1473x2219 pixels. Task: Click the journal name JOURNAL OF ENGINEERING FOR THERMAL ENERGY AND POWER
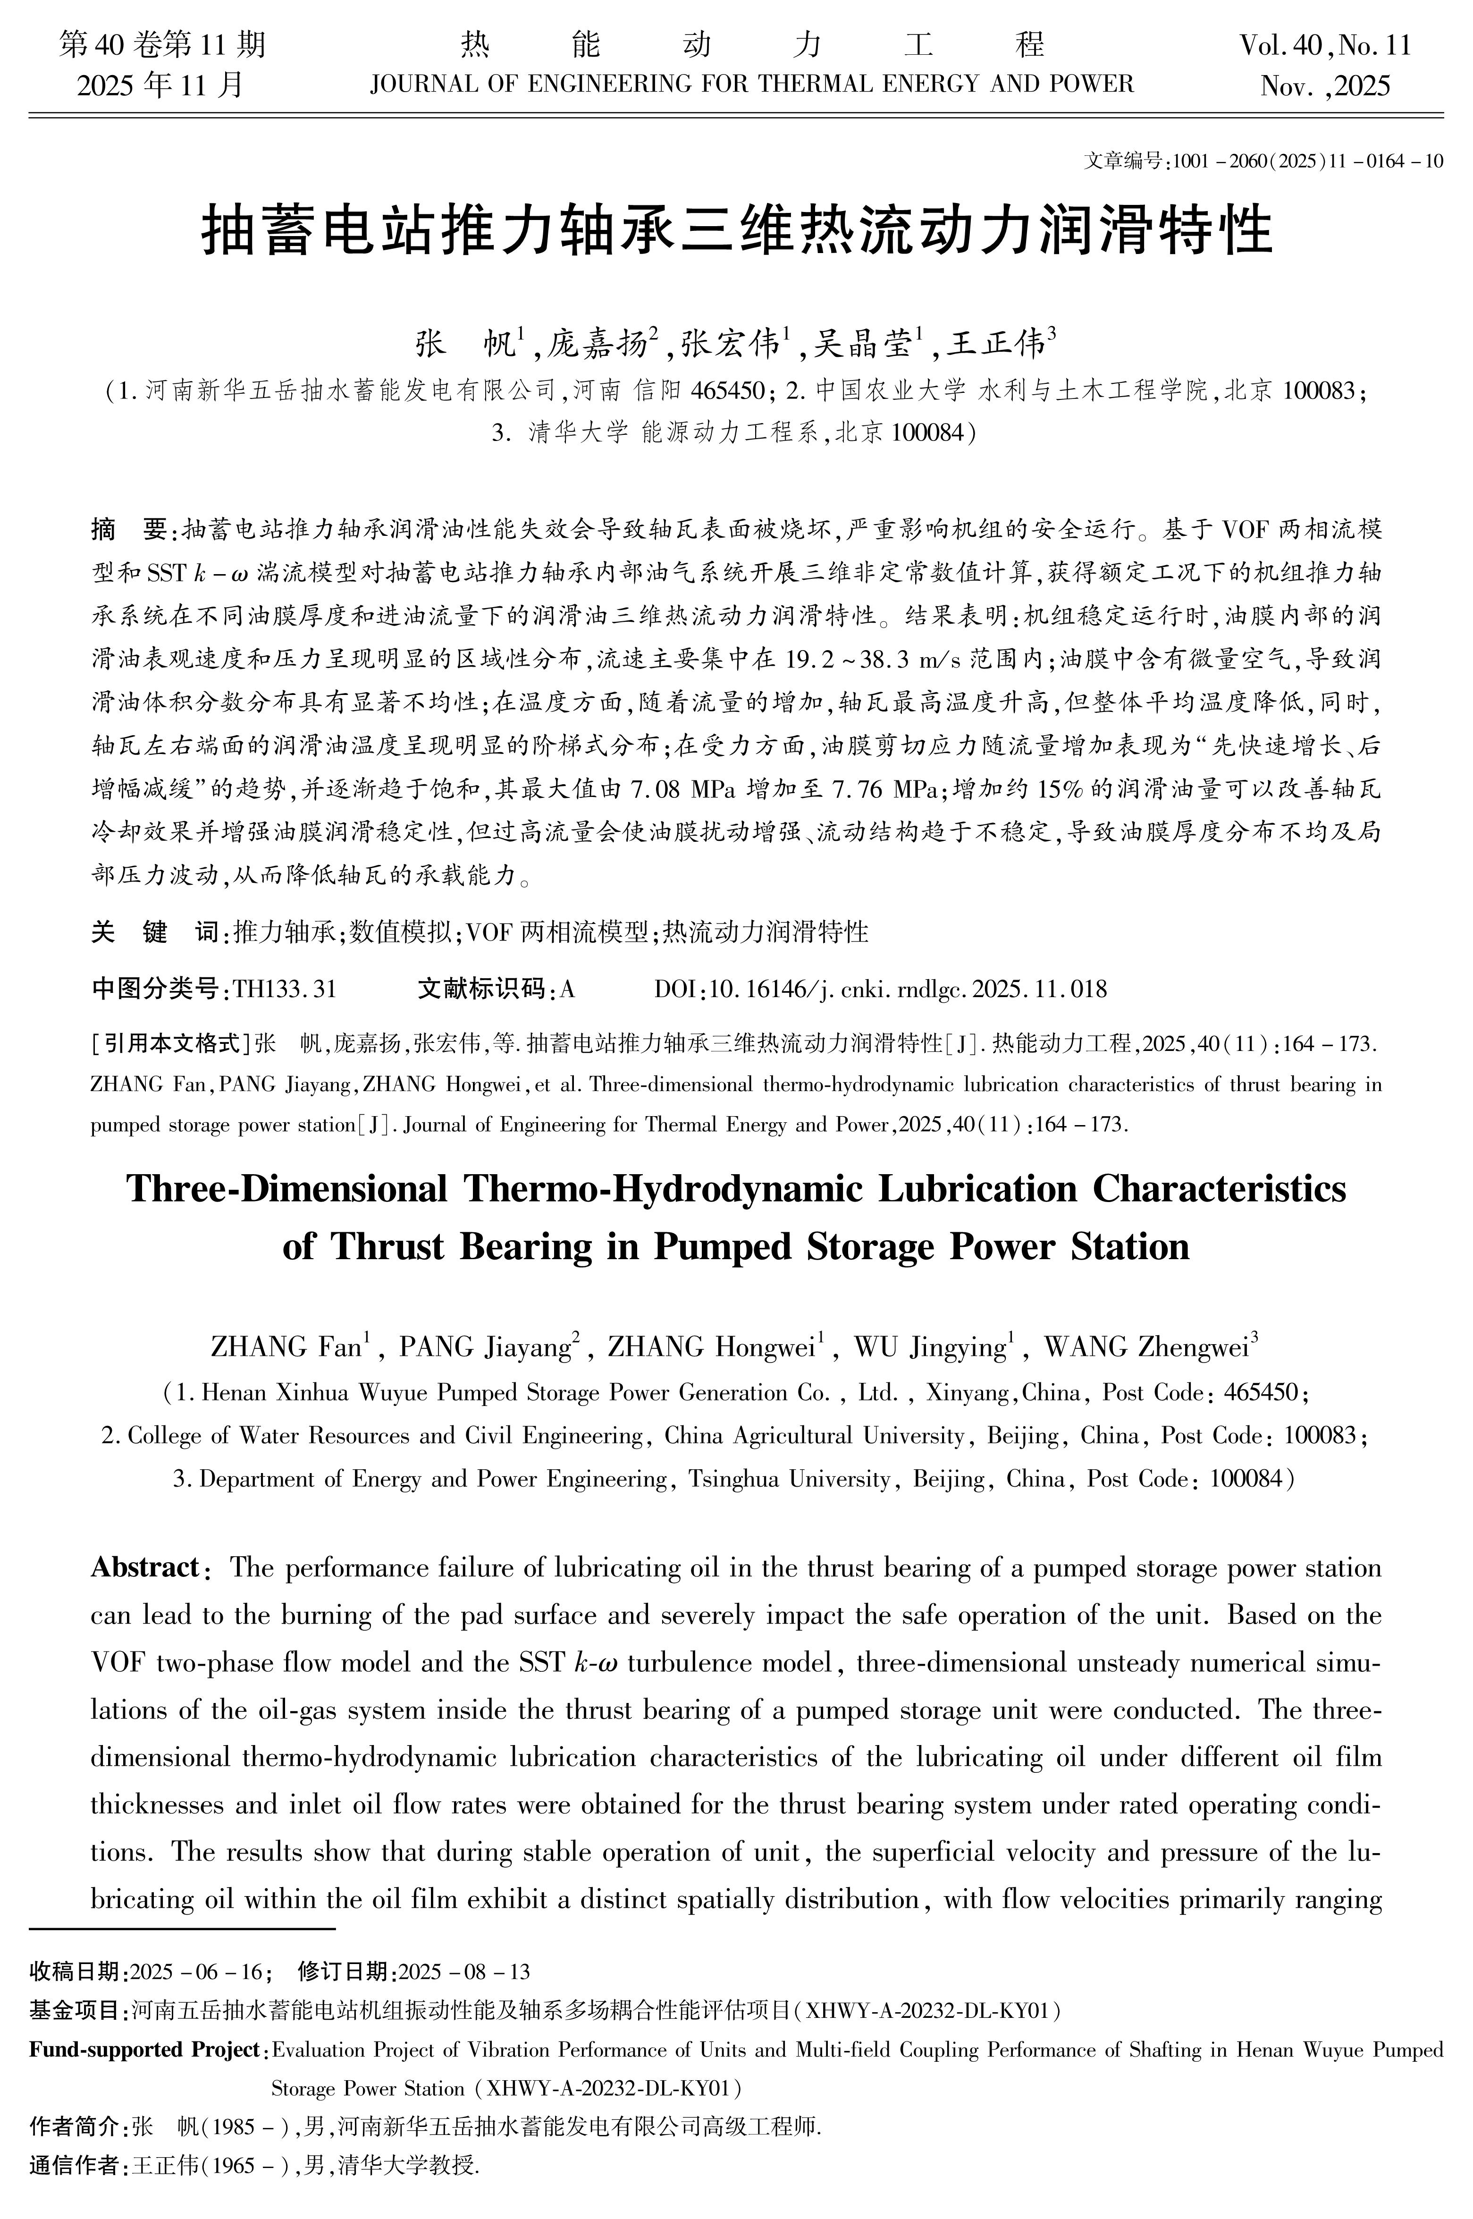pyautogui.click(x=751, y=85)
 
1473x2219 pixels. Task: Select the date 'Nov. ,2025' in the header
pyautogui.click(x=1325, y=86)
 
